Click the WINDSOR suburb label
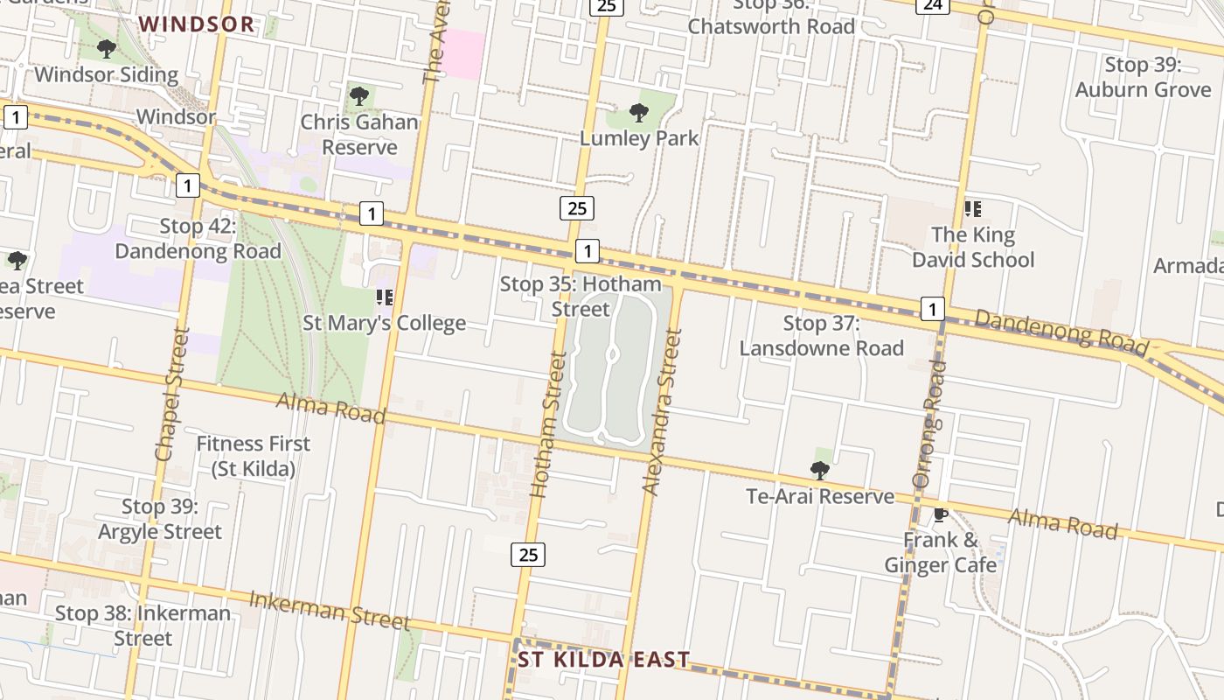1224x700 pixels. (x=197, y=24)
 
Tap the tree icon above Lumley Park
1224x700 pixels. (x=639, y=112)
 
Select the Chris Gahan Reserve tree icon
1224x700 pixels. (x=358, y=95)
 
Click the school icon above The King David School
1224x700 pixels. (x=972, y=209)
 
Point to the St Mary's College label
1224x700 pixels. (x=384, y=323)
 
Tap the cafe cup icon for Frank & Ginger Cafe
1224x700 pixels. (x=940, y=514)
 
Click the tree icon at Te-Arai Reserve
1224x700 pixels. (x=819, y=471)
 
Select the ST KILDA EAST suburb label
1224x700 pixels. (x=603, y=660)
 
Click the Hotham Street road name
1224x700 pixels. (x=548, y=424)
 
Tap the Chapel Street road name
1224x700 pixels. (x=170, y=394)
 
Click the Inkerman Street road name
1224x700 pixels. (x=330, y=610)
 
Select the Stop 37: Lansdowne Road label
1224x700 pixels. (x=821, y=336)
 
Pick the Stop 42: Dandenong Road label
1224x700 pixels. (x=198, y=239)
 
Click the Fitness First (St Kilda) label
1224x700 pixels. (x=253, y=456)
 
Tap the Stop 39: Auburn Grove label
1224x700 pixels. (x=1143, y=77)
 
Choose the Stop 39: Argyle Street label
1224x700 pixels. (x=160, y=519)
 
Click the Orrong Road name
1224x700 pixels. (x=930, y=423)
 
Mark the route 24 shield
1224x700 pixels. (x=933, y=5)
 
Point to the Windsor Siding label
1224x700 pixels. (x=106, y=74)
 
